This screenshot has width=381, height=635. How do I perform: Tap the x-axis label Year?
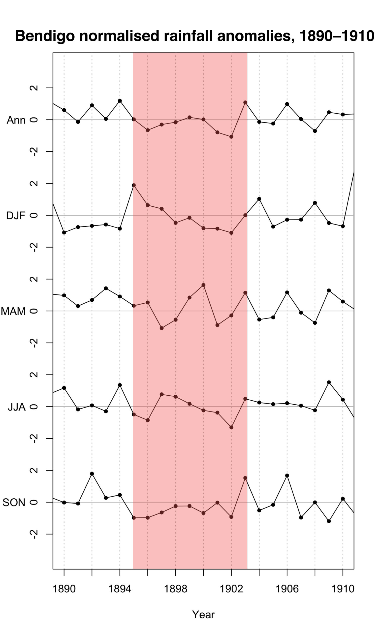click(x=203, y=614)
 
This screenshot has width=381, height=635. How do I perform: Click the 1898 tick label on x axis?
click(x=175, y=589)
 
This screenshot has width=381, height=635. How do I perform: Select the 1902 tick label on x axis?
click(x=231, y=589)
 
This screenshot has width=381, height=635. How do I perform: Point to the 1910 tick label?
click(x=343, y=589)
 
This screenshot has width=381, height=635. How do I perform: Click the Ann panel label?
click(x=16, y=120)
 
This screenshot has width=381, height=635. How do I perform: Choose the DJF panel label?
click(x=16, y=216)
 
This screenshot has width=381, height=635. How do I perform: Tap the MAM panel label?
click(x=13, y=311)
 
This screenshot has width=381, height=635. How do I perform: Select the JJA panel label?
click(x=17, y=407)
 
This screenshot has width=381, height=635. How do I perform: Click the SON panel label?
click(x=14, y=502)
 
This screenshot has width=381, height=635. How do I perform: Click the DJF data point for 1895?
click(x=134, y=185)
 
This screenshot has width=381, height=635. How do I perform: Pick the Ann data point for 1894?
click(x=120, y=101)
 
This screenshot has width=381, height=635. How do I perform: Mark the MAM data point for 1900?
click(x=203, y=285)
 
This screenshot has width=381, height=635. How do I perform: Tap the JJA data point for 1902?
click(x=231, y=427)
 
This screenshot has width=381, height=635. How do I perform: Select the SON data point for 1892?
click(x=92, y=474)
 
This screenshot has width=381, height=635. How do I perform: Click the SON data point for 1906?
click(x=287, y=475)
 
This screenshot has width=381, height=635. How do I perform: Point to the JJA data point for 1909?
click(x=329, y=382)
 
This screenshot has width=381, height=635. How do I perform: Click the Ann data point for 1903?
click(x=245, y=102)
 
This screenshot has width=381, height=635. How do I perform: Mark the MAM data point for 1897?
click(x=161, y=328)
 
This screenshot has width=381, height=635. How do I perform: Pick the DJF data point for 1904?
click(x=259, y=199)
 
